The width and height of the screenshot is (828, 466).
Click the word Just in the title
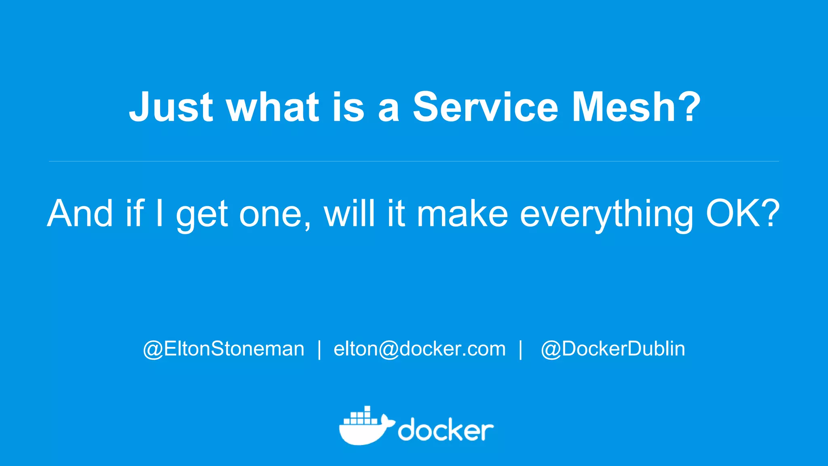click(x=171, y=107)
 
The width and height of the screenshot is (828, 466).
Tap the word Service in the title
click(x=485, y=107)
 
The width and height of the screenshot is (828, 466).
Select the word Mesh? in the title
click(x=636, y=107)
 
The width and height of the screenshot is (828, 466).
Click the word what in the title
click(x=273, y=107)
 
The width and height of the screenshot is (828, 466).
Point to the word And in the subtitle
click(x=80, y=213)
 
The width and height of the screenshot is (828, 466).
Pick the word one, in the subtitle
click(x=275, y=214)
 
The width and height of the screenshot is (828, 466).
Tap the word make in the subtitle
click(x=462, y=213)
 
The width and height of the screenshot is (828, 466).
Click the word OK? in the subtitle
click(x=742, y=213)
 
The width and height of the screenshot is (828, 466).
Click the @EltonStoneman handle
click(x=224, y=349)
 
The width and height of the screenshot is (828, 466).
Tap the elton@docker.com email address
click(x=419, y=349)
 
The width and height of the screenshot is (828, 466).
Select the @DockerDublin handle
click(x=613, y=349)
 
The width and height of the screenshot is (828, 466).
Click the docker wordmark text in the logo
click(x=446, y=430)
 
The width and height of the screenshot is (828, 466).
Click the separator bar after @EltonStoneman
click(x=319, y=349)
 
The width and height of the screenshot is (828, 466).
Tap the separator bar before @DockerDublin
click(x=521, y=349)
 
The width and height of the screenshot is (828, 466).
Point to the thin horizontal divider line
click(x=414, y=161)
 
